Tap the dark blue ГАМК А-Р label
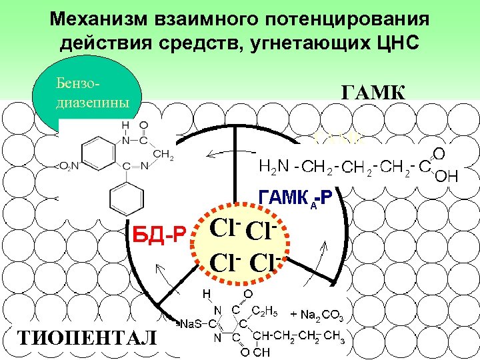pyautogui.click(x=298, y=197)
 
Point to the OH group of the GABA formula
pyautogui.click(x=446, y=176)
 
